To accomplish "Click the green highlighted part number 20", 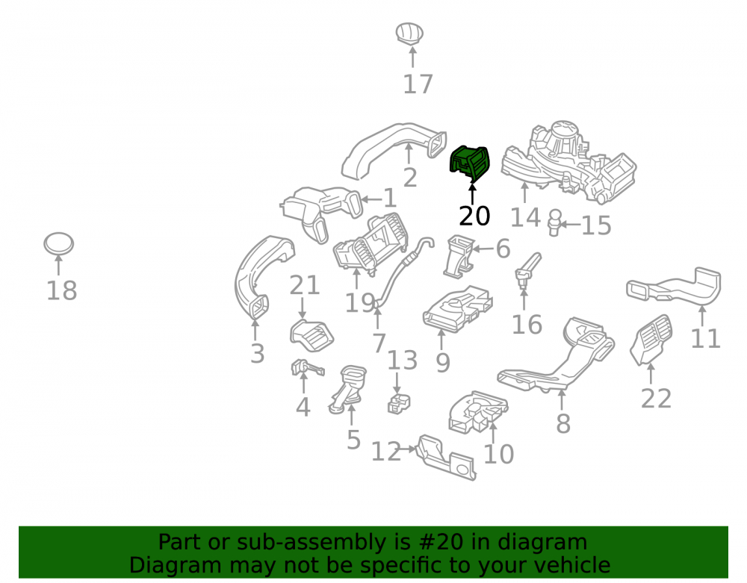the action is point(469,163).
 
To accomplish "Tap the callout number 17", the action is point(418,84).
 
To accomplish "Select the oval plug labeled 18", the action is point(58,243).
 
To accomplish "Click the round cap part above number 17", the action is point(409,34).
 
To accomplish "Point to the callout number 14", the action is point(525,218).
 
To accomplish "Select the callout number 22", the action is point(656,399).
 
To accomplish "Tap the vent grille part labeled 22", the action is point(651,340).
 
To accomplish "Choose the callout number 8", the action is point(563,423).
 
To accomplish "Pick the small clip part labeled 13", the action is point(399,404).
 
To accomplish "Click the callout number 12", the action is point(386,452).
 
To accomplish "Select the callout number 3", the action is point(257,354).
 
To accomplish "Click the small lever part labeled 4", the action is point(307,368).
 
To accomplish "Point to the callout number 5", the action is point(353,440).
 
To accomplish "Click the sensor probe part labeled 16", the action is point(527,271).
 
